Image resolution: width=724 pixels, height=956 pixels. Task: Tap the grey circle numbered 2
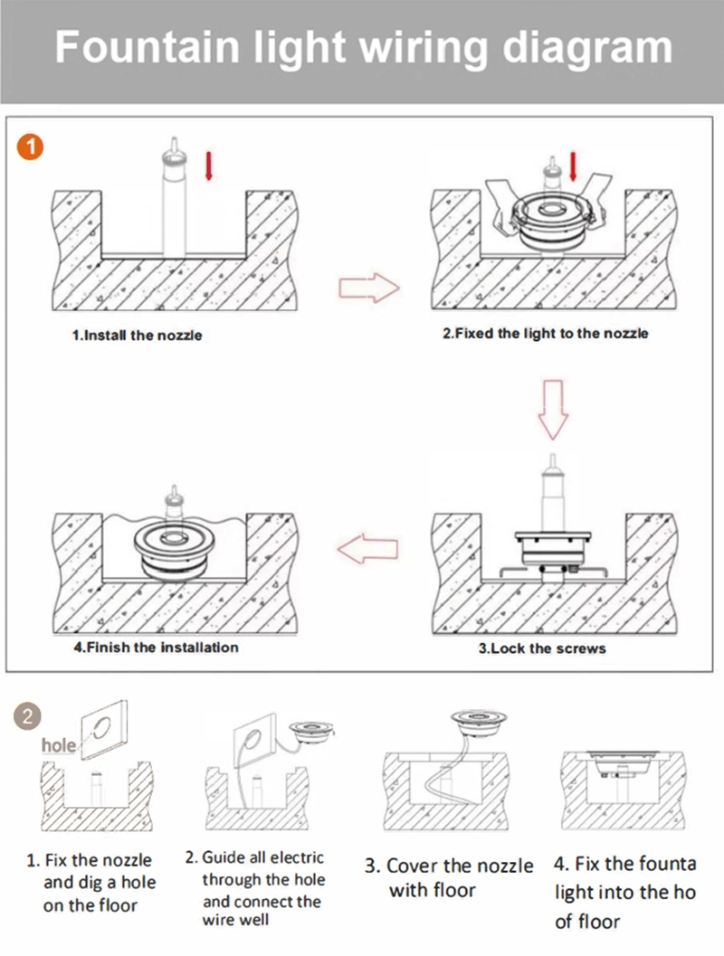(29, 717)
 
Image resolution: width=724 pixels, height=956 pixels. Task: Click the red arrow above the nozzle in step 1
(208, 166)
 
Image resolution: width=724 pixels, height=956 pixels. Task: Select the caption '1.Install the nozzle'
(137, 336)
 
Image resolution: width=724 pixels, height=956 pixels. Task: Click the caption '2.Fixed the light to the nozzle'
(545, 334)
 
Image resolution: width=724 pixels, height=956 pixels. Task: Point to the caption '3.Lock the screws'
(541, 648)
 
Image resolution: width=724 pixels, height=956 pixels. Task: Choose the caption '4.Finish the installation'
(156, 648)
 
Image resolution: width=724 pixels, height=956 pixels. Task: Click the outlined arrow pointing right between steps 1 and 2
(368, 289)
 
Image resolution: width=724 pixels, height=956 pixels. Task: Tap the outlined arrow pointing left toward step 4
(367, 548)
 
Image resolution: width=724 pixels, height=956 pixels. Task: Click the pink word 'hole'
(59, 746)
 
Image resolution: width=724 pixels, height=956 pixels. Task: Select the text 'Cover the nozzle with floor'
(449, 877)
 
